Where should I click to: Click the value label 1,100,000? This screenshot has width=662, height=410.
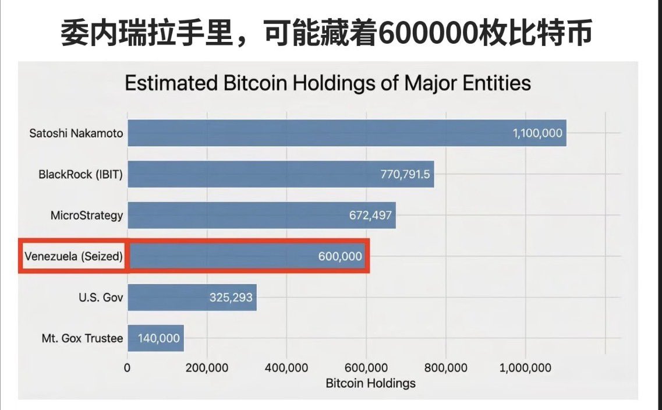pyautogui.click(x=537, y=133)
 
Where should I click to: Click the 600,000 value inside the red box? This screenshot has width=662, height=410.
pyautogui.click(x=340, y=256)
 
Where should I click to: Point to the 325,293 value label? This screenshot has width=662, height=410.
pyautogui.click(x=231, y=298)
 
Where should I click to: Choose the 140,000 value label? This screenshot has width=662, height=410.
pyautogui.click(x=158, y=338)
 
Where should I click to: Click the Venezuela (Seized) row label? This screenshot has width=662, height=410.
pyautogui.click(x=74, y=256)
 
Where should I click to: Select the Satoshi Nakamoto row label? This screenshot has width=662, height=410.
pyautogui.click(x=76, y=133)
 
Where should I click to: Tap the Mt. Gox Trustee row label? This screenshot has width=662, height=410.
pyautogui.click(x=83, y=338)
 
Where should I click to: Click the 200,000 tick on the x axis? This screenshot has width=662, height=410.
pyautogui.click(x=207, y=367)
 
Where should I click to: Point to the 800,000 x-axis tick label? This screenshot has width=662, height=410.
pyautogui.click(x=445, y=367)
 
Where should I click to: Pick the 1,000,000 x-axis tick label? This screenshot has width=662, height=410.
pyautogui.click(x=525, y=367)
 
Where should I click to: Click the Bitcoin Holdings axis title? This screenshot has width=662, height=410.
pyautogui.click(x=370, y=383)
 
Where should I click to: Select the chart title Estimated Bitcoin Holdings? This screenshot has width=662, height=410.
pyautogui.click(x=328, y=83)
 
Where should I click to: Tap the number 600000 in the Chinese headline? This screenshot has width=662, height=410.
pyautogui.click(x=426, y=34)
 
